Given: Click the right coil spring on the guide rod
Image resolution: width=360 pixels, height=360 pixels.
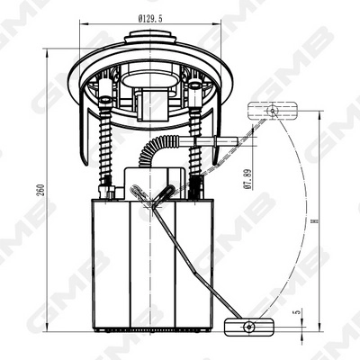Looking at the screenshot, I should (196, 144).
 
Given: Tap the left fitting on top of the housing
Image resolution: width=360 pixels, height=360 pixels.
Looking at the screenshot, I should (108, 191).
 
